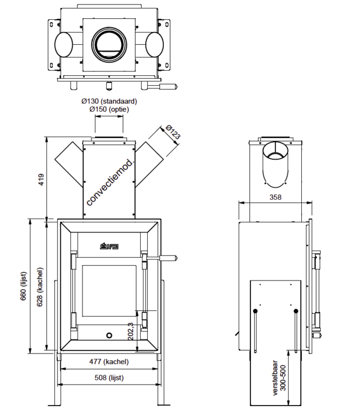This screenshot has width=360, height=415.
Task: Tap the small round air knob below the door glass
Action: pyautogui.click(x=109, y=335)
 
